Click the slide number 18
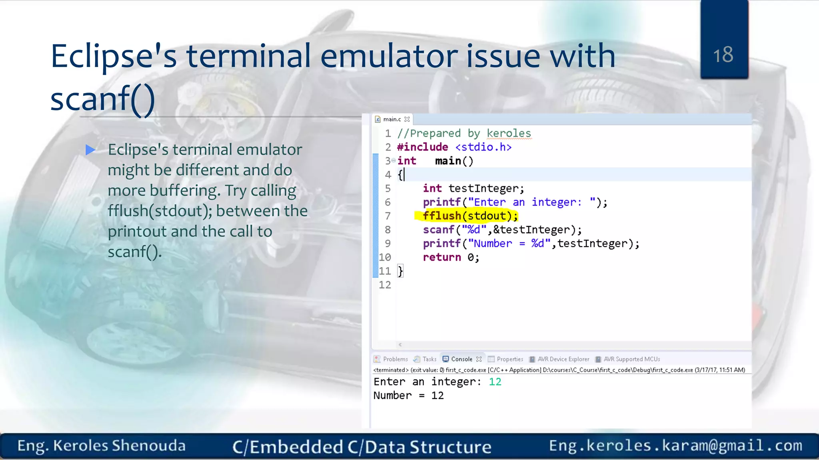coord(723,55)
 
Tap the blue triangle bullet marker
coord(90,150)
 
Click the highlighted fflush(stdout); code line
coord(470,216)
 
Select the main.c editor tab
coord(392,119)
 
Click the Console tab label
coord(461,359)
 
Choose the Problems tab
coord(395,359)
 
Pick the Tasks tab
coord(429,359)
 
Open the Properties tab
coord(510,359)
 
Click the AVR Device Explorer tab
coord(563,359)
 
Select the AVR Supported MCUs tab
coord(631,359)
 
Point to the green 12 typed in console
coord(495,382)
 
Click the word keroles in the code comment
coord(509,133)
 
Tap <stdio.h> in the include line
coord(483,147)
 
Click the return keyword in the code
coord(442,257)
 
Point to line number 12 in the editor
coord(385,285)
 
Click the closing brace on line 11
coord(400,271)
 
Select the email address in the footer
coord(675,446)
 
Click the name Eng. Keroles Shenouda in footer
coord(102,446)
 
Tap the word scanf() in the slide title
coord(102,99)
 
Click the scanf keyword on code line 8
coord(438,230)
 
